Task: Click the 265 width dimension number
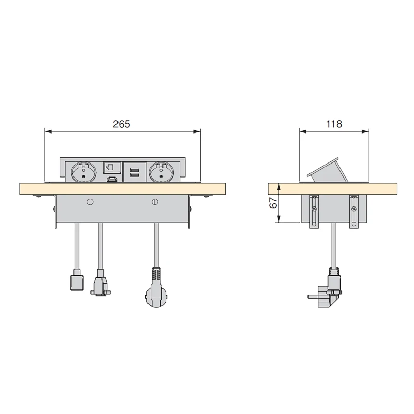coord(122,124)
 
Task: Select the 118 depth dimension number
coord(334,124)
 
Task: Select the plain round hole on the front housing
coord(90,201)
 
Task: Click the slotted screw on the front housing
coord(154,201)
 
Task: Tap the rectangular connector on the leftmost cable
coord(77,283)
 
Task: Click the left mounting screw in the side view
coord(313,209)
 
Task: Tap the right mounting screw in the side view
coord(353,209)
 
